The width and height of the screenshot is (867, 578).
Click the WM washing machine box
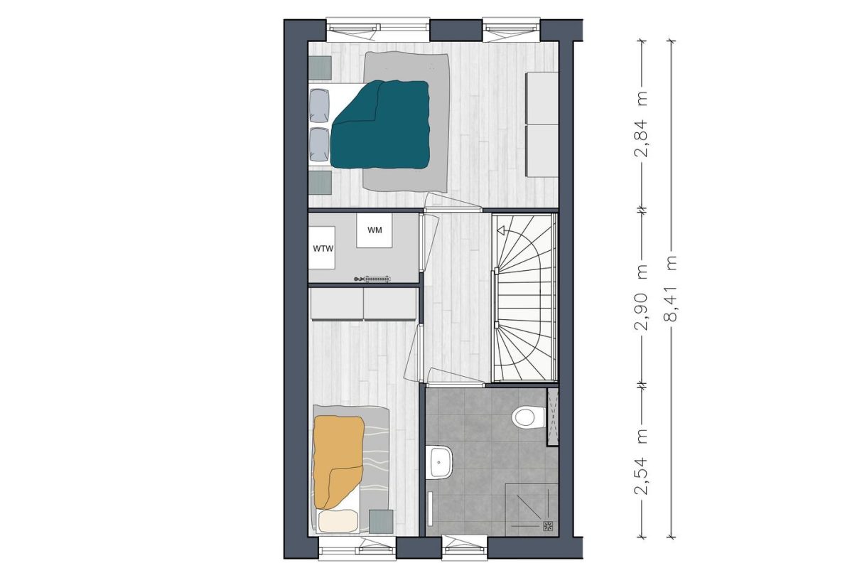click(375, 231)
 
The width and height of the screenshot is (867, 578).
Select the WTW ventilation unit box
click(322, 248)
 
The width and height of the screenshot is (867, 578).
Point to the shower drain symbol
click(548, 526)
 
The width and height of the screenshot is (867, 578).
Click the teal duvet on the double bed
click(380, 124)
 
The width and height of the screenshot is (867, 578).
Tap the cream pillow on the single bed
click(338, 520)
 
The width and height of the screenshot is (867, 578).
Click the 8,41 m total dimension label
click(671, 289)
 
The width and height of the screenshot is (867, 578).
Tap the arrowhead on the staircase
click(501, 231)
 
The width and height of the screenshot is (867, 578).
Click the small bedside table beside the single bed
click(381, 521)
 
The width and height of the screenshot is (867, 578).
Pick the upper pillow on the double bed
click(319, 105)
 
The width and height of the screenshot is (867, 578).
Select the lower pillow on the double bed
click(319, 144)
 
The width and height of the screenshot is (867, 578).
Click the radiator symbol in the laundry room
click(372, 279)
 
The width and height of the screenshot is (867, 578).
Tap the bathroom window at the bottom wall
click(465, 547)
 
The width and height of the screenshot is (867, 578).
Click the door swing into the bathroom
click(456, 377)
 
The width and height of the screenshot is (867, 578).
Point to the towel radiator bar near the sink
click(430, 508)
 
